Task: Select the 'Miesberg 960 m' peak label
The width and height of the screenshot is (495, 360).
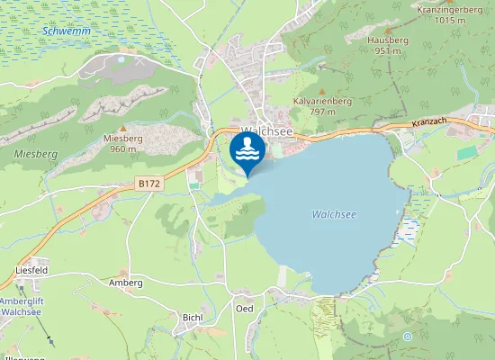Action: (123, 143)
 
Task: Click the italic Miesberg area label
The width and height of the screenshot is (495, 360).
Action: (36, 154)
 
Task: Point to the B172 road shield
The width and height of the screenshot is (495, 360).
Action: (148, 183)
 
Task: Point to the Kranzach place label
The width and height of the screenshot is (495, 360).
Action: (427, 122)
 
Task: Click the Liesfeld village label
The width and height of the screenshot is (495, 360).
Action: (31, 269)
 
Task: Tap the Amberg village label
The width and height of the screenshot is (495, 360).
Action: (126, 283)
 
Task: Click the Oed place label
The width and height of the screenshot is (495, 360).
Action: (244, 309)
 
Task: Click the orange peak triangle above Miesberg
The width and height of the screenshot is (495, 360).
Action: (123, 128)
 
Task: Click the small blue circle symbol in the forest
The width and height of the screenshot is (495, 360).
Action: (407, 337)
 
